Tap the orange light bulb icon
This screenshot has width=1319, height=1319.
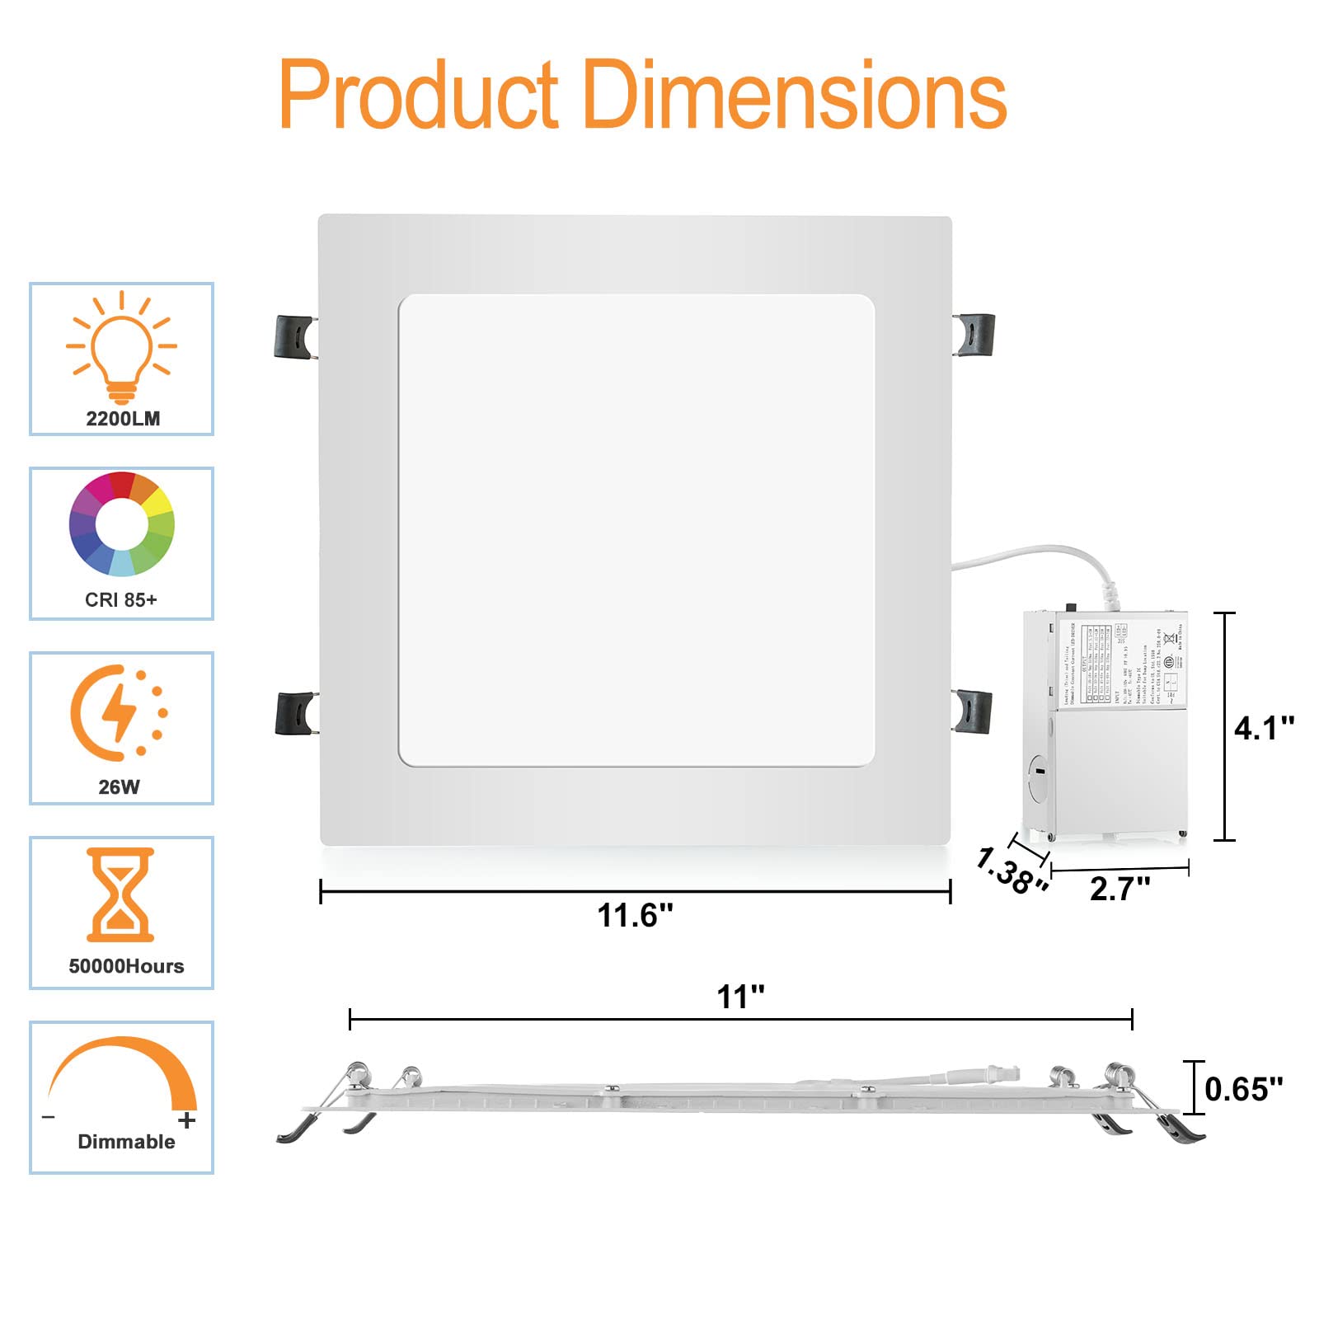[x=121, y=346]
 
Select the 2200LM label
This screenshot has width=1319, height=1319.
[x=123, y=419]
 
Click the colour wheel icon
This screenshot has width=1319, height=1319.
[x=122, y=523]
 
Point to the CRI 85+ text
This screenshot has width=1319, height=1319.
[x=120, y=600]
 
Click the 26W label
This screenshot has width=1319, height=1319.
[x=120, y=787]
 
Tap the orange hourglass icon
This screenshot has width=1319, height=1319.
[x=120, y=894]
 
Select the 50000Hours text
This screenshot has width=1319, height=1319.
[x=126, y=966]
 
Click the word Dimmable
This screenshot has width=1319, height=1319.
[x=126, y=1142]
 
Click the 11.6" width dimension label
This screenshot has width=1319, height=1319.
[x=635, y=916]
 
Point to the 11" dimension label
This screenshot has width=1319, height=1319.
[x=740, y=997]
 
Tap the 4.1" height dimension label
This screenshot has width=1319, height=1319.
[x=1263, y=728]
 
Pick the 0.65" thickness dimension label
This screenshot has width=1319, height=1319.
[x=1243, y=1089]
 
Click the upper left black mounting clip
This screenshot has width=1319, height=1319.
[x=294, y=337]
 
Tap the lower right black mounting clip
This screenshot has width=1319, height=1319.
[x=973, y=711]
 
